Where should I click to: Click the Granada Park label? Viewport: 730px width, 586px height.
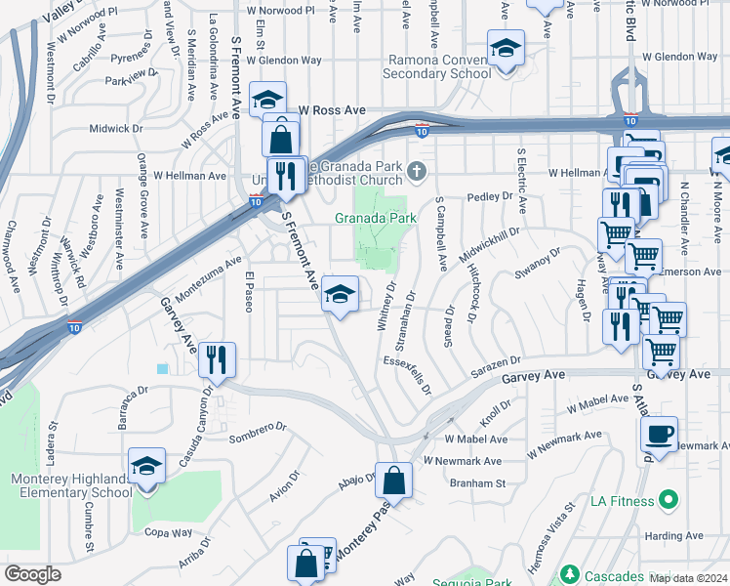(377, 218)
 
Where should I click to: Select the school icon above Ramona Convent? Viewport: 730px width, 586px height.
(506, 49)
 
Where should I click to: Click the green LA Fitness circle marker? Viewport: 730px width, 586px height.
(669, 502)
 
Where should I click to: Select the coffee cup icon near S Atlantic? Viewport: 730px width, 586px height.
(660, 435)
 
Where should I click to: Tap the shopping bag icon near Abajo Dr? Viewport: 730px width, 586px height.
(393, 480)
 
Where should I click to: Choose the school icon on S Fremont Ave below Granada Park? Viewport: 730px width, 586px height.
(340, 294)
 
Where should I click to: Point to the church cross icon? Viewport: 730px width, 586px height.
(417, 173)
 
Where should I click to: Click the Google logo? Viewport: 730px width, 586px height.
(33, 574)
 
